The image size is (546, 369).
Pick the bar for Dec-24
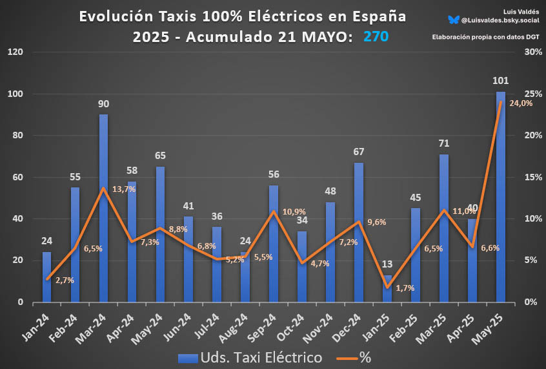[x=359, y=232]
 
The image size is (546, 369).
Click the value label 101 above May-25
[x=501, y=81]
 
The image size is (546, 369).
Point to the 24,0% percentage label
[x=520, y=103]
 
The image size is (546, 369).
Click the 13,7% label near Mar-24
[x=124, y=189]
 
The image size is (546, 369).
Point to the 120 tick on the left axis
[x=15, y=52]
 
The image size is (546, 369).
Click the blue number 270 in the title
[x=376, y=37]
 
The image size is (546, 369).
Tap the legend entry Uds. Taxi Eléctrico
[x=249, y=357]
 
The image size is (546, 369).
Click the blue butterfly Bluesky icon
[x=454, y=21]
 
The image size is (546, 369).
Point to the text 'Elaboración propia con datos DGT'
[x=485, y=37]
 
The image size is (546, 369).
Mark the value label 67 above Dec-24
[x=359, y=152]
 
